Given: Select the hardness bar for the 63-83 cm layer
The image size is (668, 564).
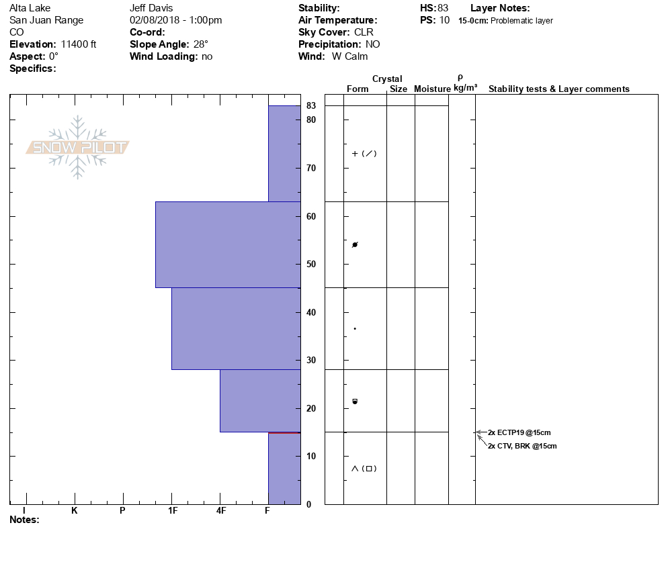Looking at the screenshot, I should tap(284, 153).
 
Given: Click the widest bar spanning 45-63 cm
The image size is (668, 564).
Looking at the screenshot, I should tap(228, 244).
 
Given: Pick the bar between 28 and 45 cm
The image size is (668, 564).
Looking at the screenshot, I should tap(236, 328).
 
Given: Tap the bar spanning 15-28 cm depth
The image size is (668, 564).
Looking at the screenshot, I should tap(260, 400).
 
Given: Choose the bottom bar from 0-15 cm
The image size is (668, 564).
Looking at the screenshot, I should tap(284, 468).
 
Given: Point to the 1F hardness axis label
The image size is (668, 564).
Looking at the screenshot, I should tap(172, 510).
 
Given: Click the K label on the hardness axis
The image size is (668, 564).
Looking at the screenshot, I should tap(75, 510).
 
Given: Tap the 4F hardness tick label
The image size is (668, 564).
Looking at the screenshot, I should tap(220, 510).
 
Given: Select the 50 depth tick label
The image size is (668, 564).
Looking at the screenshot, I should tap(311, 264).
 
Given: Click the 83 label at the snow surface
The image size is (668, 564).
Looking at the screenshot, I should tap(311, 105).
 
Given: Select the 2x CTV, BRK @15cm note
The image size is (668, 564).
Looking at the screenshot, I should tap(522, 446).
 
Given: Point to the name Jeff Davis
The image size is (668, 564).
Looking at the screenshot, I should tap(151, 8).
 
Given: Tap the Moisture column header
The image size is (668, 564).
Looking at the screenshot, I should tap(432, 89).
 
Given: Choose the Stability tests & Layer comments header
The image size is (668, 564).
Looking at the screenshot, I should tap(558, 89).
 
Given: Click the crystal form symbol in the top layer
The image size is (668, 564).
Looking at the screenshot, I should tap(364, 153).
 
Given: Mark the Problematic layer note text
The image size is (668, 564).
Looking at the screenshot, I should tap(522, 21).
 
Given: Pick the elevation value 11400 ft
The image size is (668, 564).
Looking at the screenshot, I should tap(79, 44).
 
